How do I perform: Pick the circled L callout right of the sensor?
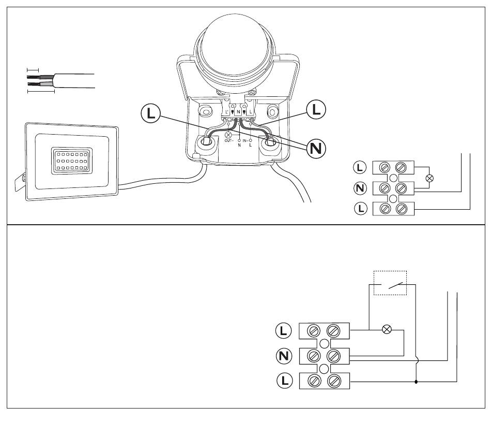(x=316, y=110)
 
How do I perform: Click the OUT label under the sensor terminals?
(x=229, y=141)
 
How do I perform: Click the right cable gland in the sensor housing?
(x=269, y=143)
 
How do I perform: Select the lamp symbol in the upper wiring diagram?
(x=428, y=178)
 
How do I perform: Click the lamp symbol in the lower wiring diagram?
(x=386, y=329)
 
